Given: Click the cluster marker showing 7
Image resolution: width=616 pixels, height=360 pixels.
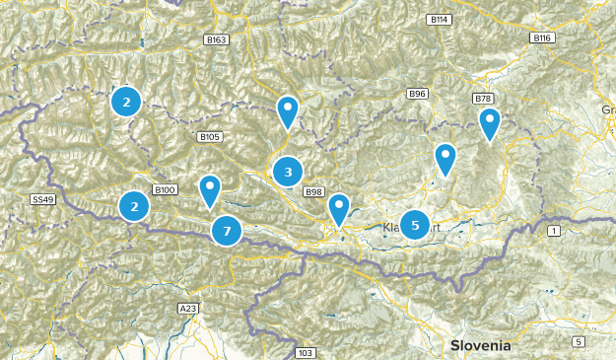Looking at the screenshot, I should pyautogui.click(x=227, y=232).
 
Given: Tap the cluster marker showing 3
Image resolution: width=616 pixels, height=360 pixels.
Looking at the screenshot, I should pyautogui.click(x=288, y=173).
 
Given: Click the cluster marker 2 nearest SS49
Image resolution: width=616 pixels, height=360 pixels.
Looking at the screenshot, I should pyautogui.click(x=134, y=206).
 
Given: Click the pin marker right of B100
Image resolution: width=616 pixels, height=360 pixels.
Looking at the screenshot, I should pyautogui.click(x=210, y=189).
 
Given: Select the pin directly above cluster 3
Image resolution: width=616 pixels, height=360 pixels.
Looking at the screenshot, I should pyautogui.click(x=287, y=111).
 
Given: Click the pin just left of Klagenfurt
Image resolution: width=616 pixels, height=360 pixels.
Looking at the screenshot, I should pyautogui.click(x=339, y=209).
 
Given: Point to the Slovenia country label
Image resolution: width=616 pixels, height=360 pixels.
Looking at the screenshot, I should pyautogui.click(x=481, y=345).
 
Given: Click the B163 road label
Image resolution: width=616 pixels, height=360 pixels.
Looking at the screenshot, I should pyautogui.click(x=218, y=39).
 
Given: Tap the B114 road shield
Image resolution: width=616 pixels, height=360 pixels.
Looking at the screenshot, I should pyautogui.click(x=439, y=20).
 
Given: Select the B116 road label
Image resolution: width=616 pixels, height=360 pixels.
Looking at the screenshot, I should pyautogui.click(x=541, y=37).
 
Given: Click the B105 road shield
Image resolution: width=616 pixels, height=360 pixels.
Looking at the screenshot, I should pyautogui.click(x=210, y=136).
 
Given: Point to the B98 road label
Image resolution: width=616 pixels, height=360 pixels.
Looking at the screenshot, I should pyautogui.click(x=314, y=191).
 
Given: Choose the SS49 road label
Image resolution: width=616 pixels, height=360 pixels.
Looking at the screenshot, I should pyautogui.click(x=42, y=199).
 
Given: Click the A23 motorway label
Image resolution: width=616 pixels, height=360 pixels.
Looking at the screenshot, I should pyautogui.click(x=188, y=309).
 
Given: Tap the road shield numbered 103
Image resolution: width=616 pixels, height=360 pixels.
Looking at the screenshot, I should pyautogui.click(x=305, y=352).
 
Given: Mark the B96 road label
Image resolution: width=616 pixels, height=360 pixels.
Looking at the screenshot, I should pyautogui.click(x=418, y=94).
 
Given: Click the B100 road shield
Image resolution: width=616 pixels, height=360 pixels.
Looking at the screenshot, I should pyautogui.click(x=165, y=189).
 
